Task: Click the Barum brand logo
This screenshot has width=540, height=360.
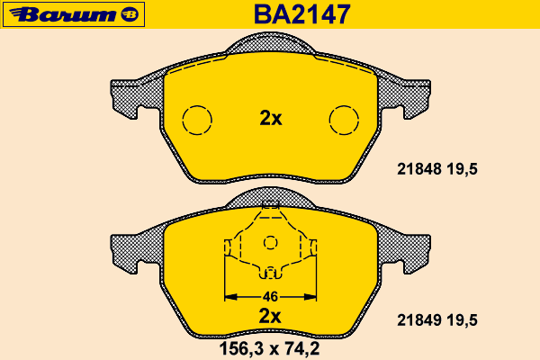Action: point(74,14)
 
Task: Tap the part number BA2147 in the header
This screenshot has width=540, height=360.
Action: point(302,14)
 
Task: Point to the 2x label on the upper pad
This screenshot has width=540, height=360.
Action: point(271,118)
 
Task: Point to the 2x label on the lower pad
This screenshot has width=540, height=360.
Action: point(270,316)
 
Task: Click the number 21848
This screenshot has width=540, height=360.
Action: point(419,169)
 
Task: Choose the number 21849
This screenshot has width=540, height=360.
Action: point(419,320)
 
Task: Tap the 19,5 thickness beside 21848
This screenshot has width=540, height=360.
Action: point(463,169)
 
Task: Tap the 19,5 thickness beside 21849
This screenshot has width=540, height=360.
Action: point(463,320)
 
